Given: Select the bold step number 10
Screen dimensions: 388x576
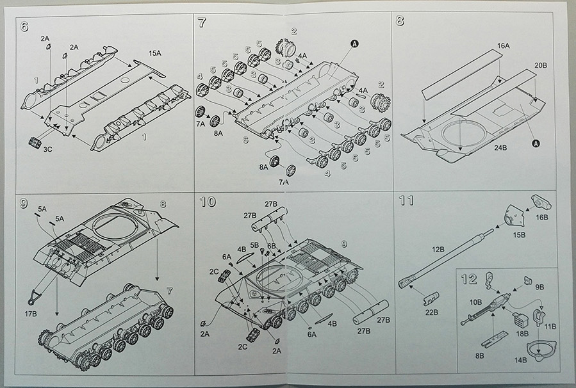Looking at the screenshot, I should pos(208,202).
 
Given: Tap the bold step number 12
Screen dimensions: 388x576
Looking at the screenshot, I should pos(469,279).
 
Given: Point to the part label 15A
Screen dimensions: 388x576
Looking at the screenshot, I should pos(155,53).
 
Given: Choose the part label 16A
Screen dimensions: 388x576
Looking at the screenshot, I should pos(503,46).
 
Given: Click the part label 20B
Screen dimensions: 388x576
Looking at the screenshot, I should pos(539,66).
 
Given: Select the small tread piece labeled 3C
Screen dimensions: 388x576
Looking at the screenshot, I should pos(35,141).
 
